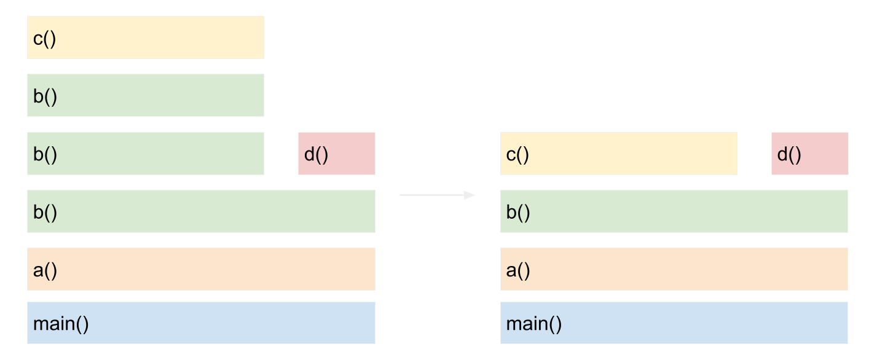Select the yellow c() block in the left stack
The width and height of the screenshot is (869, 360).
click(x=145, y=37)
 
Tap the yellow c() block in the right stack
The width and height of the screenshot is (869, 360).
click(x=618, y=154)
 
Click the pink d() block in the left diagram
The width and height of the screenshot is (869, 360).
click(x=336, y=154)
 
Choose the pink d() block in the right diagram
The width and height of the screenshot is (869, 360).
click(x=809, y=154)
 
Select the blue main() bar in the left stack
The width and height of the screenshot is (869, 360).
click(x=201, y=323)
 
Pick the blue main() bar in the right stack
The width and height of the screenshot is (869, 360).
click(x=674, y=323)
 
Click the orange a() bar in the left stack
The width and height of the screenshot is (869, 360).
click(x=201, y=269)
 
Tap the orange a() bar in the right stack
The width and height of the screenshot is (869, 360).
click(x=674, y=269)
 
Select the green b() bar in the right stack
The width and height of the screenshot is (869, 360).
click(x=674, y=211)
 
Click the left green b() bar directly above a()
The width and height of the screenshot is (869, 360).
click(x=201, y=211)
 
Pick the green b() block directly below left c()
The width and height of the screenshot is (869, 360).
click(x=145, y=95)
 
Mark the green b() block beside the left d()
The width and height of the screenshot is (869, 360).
click(x=145, y=154)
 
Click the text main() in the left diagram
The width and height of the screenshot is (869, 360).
click(x=61, y=323)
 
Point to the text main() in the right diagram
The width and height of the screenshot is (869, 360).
click(x=534, y=323)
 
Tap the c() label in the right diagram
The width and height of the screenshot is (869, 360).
click(x=517, y=154)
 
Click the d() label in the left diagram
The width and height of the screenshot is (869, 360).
click(x=316, y=154)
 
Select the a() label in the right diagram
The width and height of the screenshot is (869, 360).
click(x=518, y=270)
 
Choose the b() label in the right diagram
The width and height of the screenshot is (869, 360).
click(x=518, y=212)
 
